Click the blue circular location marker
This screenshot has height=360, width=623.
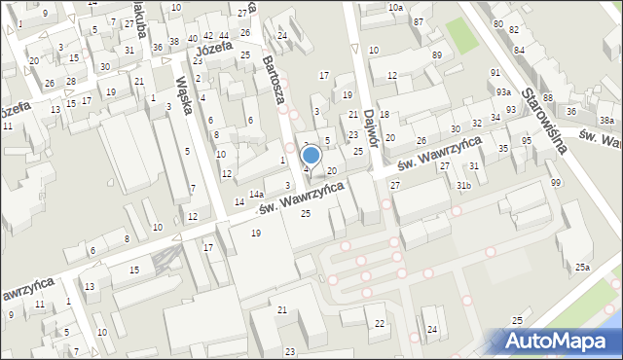[x=311, y=155]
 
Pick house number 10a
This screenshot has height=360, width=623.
[x=394, y=8]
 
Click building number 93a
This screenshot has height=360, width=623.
[x=502, y=91]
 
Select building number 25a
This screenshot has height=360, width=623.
[x=582, y=268]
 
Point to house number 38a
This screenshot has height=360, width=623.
[x=606, y=120]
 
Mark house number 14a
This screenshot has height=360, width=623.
[x=255, y=195]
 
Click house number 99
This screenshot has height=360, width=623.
[x=555, y=183]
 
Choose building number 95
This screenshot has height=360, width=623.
[x=527, y=141]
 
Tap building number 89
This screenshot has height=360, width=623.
[x=437, y=54]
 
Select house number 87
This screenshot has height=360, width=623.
[x=419, y=21]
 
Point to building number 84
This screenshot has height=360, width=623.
[x=519, y=49]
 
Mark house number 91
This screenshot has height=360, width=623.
[x=495, y=73]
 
